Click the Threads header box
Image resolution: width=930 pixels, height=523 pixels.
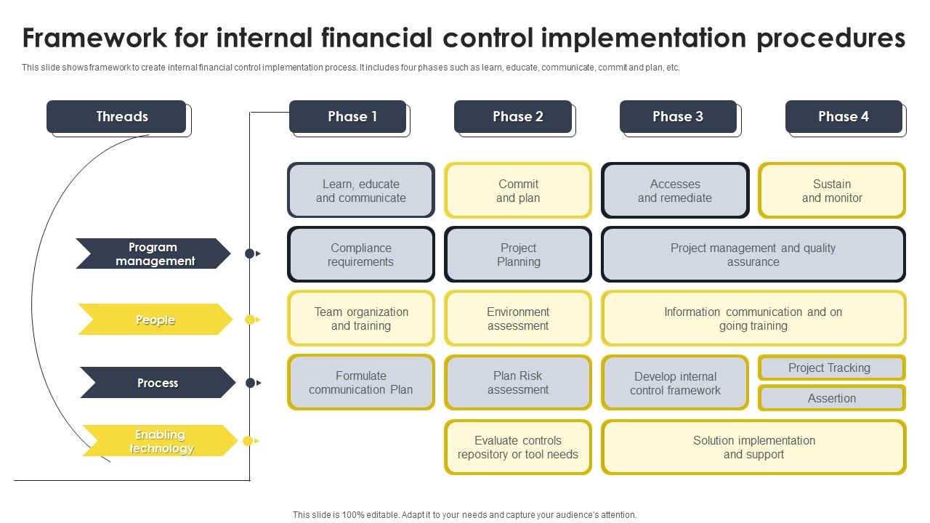(117, 117)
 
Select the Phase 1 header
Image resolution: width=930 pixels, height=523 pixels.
(348, 117)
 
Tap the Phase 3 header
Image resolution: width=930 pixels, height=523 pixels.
(678, 117)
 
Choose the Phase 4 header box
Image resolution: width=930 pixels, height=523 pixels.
(844, 117)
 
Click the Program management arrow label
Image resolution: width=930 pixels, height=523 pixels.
(153, 254)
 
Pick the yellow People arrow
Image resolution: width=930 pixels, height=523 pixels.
(155, 320)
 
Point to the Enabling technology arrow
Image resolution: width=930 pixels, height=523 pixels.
(160, 441)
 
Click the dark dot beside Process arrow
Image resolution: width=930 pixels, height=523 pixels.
(250, 383)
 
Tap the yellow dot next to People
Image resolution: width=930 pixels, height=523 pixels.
(249, 320)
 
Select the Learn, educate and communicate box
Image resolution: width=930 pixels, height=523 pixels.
(361, 190)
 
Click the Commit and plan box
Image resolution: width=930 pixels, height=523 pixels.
(518, 190)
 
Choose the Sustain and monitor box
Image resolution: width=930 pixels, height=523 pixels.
(832, 190)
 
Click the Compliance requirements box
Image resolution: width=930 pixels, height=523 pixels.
(361, 254)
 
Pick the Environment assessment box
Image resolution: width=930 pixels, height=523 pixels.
(518, 318)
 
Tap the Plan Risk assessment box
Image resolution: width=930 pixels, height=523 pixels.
(518, 382)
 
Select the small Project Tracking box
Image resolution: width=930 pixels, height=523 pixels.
(832, 368)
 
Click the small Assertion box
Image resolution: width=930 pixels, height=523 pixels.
(832, 398)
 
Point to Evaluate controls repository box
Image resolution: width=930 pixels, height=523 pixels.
(518, 447)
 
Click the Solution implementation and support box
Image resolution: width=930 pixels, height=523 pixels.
(753, 447)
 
